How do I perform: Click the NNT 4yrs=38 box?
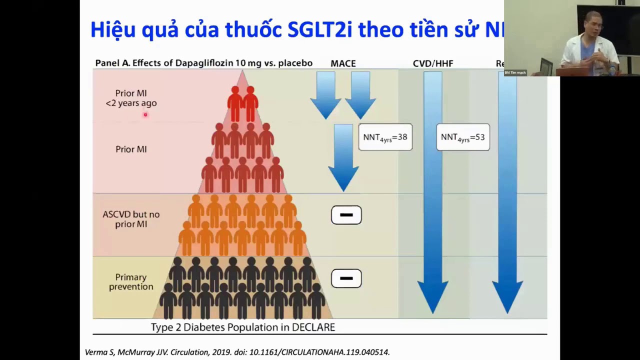(x=385, y=137)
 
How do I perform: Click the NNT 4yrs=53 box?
(x=462, y=137)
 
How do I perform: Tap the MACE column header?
(x=343, y=63)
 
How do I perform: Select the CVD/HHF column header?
(x=433, y=63)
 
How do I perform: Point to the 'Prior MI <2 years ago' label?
(x=131, y=98)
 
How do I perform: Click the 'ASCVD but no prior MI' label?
(x=131, y=219)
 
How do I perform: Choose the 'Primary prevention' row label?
(x=131, y=282)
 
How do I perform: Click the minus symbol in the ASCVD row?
(x=346, y=215)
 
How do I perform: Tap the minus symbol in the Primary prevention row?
(x=346, y=278)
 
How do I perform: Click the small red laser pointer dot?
(x=145, y=114)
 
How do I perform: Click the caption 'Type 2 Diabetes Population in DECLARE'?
(x=243, y=327)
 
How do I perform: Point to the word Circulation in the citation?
(x=190, y=352)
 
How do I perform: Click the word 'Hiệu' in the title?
(x=113, y=30)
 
